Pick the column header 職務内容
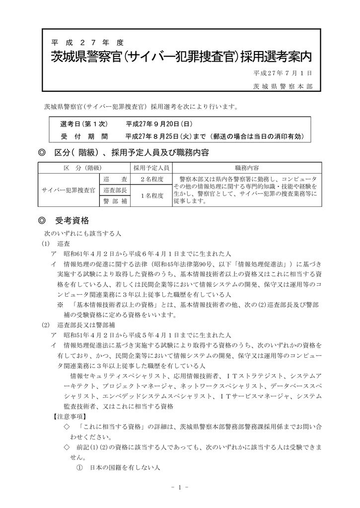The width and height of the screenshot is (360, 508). tap(246, 168)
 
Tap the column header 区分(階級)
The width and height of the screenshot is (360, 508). tap(82, 168)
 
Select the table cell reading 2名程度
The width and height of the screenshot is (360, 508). tap(151, 179)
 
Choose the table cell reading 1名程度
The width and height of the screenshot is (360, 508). tap(151, 196)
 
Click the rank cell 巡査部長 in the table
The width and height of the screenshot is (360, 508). tap(114, 190)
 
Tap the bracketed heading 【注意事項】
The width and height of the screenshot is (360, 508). tap(69, 416)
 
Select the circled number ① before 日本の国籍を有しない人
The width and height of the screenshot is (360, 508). tap(78, 467)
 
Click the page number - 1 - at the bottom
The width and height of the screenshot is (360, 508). tap(180, 488)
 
